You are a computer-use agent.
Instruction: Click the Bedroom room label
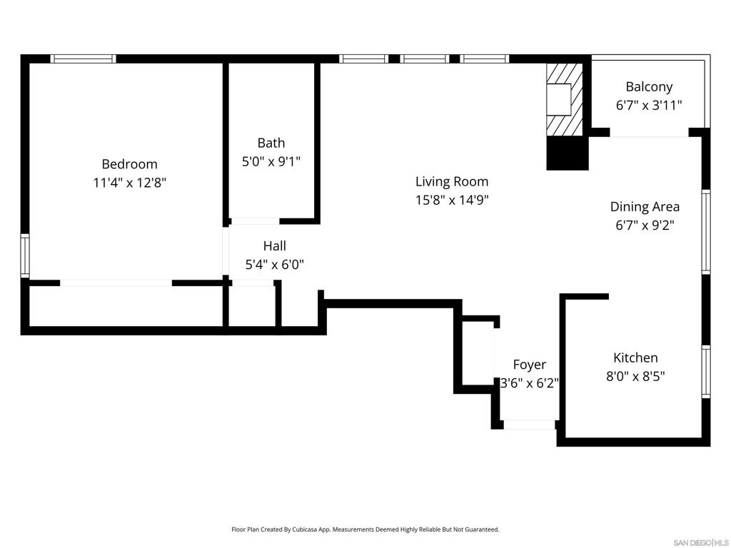click(x=129, y=164)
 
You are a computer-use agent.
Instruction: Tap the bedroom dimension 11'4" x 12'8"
click(x=129, y=183)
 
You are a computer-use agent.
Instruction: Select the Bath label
click(x=271, y=143)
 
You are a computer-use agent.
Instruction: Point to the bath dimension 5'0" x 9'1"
click(x=271, y=162)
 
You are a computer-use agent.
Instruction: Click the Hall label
click(x=274, y=246)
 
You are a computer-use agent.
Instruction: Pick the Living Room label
click(x=452, y=181)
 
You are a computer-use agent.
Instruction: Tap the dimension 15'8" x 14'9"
click(x=452, y=200)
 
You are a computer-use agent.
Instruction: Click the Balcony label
click(x=649, y=87)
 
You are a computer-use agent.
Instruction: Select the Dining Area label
click(x=645, y=207)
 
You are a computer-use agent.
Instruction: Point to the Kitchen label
click(x=635, y=357)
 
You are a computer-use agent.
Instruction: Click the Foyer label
click(x=530, y=365)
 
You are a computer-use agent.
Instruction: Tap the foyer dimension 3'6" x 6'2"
click(x=529, y=383)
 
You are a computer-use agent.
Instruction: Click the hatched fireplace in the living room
click(x=564, y=98)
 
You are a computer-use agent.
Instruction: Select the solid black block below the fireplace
click(x=568, y=153)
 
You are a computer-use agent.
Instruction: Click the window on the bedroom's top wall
click(x=83, y=59)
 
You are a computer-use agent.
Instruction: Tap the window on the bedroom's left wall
click(x=25, y=255)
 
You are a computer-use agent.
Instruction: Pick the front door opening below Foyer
click(x=530, y=425)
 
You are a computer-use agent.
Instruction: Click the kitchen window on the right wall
click(x=705, y=371)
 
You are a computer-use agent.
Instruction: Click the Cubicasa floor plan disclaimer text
click(x=365, y=529)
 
